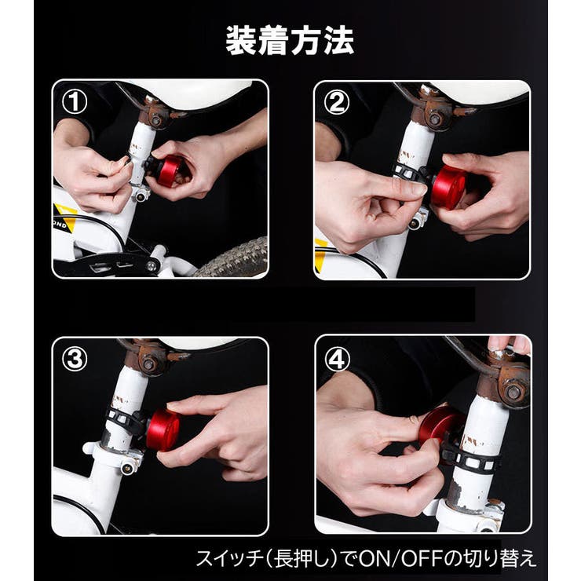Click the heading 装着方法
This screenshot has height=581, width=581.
click(x=290, y=40)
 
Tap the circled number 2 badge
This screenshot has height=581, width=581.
click(x=337, y=102)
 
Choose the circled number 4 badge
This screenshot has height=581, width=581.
click(x=337, y=359)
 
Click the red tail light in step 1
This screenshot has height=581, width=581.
click(x=169, y=170)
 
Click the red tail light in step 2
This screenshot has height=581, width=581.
click(x=448, y=187)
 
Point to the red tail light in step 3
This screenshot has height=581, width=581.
click(x=162, y=429)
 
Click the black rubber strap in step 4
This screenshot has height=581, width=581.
click(x=471, y=459)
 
